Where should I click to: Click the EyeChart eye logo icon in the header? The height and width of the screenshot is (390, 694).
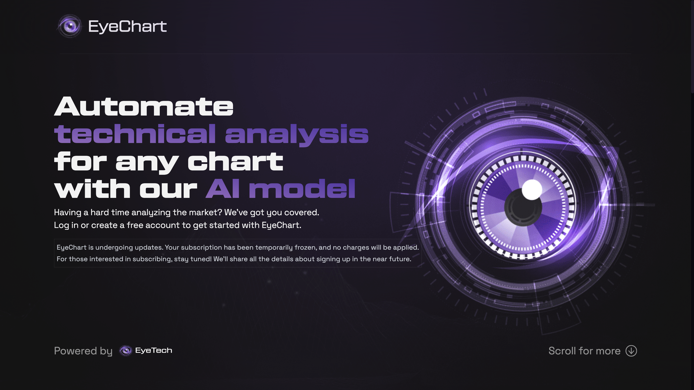(70, 26)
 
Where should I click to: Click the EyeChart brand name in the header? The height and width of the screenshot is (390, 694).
(127, 26)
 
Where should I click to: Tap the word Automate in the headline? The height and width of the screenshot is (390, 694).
(144, 107)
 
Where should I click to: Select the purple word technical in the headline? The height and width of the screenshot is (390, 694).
(135, 134)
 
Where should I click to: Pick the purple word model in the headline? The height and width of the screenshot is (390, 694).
(302, 188)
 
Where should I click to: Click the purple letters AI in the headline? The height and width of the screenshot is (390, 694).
(222, 188)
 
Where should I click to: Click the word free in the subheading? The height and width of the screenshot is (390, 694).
(135, 225)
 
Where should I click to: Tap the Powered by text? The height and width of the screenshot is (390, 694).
(83, 351)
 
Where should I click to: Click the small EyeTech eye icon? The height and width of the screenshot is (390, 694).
(126, 351)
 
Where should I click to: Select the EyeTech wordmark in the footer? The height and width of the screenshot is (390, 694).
(153, 351)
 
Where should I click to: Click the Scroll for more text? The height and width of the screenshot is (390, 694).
(584, 351)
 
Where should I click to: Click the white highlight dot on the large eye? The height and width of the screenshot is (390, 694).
(532, 189)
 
